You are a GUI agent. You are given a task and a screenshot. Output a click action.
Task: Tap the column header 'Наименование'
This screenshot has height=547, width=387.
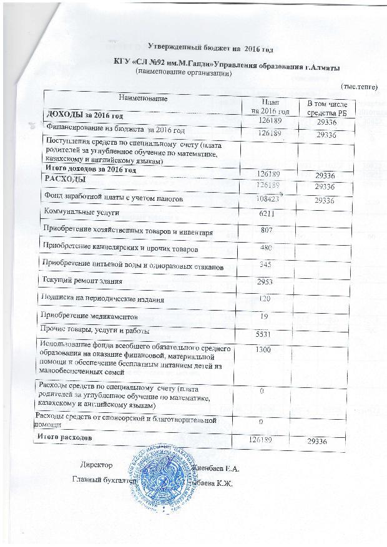pyautogui.click(x=144, y=98)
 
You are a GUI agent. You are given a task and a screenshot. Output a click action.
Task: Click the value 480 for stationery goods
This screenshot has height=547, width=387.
pyautogui.click(x=267, y=248)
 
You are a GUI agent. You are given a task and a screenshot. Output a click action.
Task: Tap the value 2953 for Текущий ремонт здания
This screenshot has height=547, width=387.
pyautogui.click(x=267, y=282)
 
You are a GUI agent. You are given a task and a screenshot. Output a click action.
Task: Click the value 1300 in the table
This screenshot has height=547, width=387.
pyautogui.click(x=263, y=350)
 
